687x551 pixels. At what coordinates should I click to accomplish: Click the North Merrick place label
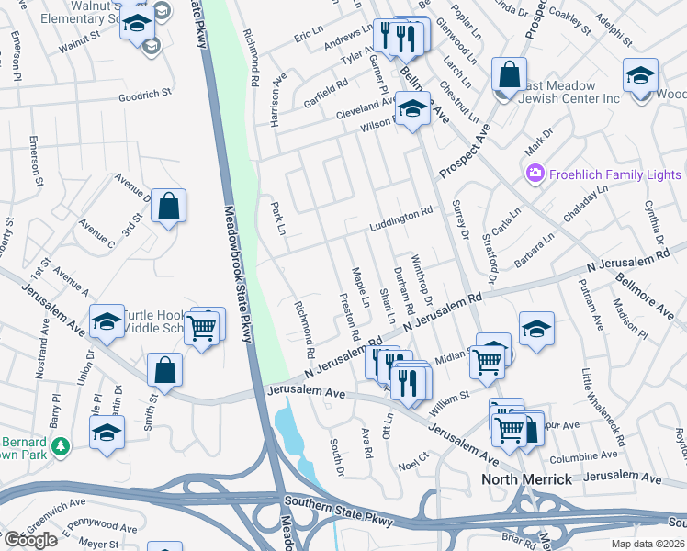pyautogui.click(x=528, y=479)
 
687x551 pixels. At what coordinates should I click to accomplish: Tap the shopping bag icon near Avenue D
pyautogui.click(x=169, y=207)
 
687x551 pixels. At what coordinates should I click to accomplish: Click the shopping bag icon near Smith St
pyautogui.click(x=164, y=370)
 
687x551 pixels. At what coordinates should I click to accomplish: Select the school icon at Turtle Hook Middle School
pyautogui.click(x=107, y=321)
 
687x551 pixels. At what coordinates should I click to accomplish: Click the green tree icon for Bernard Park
pyautogui.click(x=61, y=446)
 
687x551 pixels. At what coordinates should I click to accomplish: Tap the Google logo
pyautogui.click(x=30, y=540)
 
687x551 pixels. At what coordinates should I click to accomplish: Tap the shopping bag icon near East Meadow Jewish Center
pyautogui.click(x=508, y=74)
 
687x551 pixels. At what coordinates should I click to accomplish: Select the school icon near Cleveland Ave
pyautogui.click(x=412, y=110)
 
